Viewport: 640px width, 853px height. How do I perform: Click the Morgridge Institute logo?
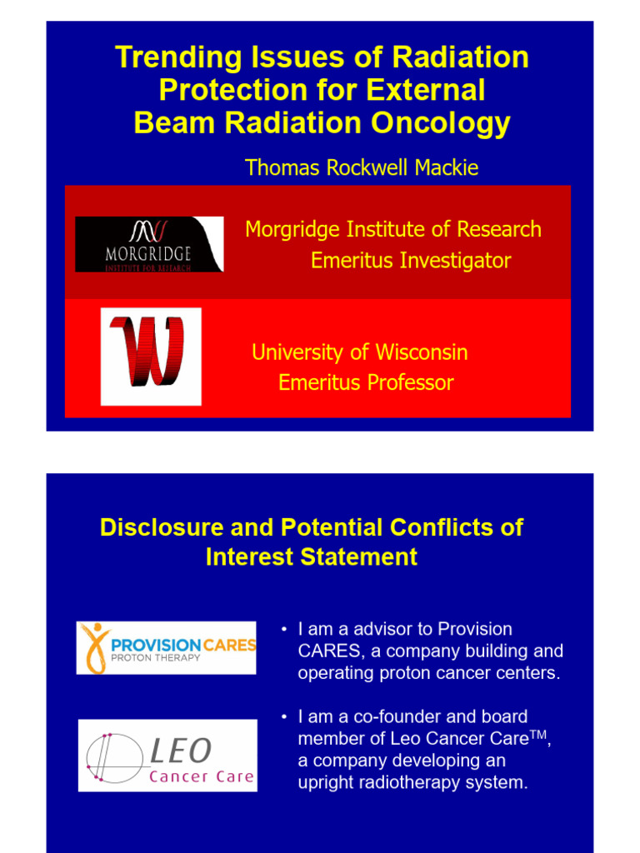[149, 244]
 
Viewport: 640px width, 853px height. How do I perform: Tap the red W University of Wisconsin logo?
[151, 357]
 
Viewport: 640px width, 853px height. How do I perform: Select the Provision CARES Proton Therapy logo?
[167, 648]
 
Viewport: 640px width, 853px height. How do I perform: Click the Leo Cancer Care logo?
[167, 756]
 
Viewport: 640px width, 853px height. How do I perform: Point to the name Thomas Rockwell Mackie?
[362, 167]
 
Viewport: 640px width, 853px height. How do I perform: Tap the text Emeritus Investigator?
[411, 261]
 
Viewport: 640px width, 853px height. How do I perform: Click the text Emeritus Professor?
[366, 383]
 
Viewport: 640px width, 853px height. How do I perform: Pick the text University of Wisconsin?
[359, 352]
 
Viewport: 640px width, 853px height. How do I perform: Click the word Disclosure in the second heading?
[153, 527]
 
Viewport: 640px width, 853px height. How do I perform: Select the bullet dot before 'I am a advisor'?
[284, 629]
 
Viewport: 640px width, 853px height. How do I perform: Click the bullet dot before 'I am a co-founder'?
[284, 717]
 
